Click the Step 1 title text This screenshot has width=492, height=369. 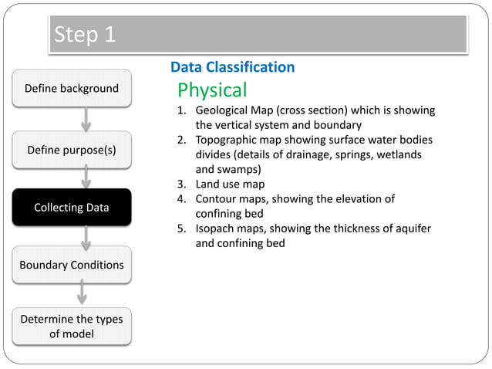(x=85, y=36)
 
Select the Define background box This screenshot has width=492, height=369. (x=72, y=88)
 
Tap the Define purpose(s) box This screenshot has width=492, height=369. (x=72, y=150)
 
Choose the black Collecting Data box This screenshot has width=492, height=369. (x=72, y=207)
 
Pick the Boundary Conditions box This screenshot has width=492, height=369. (x=72, y=265)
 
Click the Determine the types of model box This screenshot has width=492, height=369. (x=72, y=326)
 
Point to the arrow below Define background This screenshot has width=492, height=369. (x=86, y=119)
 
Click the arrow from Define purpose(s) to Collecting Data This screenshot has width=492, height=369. (x=86, y=178)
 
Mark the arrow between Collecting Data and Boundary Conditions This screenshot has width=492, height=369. (x=86, y=237)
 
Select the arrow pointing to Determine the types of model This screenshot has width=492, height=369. (x=83, y=294)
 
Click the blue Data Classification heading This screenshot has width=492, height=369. (x=232, y=67)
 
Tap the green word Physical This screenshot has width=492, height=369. (x=212, y=90)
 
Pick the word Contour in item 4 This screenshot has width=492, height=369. (x=218, y=199)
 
